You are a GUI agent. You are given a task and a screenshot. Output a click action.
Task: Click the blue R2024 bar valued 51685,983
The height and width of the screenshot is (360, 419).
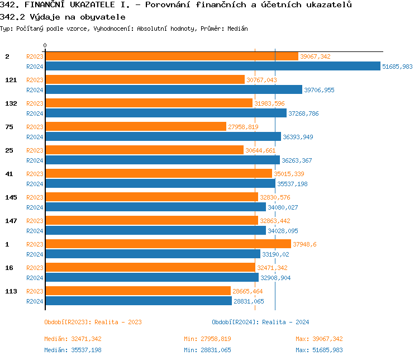pyautogui.click(x=212, y=66)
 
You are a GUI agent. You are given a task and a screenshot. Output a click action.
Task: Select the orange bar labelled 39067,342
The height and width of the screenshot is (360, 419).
pyautogui.click(x=172, y=56)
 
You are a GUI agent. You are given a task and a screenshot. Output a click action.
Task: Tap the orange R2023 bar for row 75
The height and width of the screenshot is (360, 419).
pyautogui.click(x=135, y=127)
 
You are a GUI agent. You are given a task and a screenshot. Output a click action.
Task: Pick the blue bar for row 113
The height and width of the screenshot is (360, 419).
pyautogui.click(x=138, y=301)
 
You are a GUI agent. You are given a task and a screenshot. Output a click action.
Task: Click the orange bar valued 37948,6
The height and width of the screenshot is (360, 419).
pyautogui.click(x=168, y=244)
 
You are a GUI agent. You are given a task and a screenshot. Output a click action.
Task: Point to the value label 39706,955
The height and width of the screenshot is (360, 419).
pyautogui.click(x=319, y=90)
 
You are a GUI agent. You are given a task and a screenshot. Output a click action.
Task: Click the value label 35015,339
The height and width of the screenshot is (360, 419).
pyautogui.click(x=289, y=174)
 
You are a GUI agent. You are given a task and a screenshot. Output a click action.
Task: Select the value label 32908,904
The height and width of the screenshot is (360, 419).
pyautogui.click(x=275, y=278)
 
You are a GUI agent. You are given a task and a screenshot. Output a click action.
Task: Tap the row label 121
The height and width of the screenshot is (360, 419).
pyautogui.click(x=11, y=80)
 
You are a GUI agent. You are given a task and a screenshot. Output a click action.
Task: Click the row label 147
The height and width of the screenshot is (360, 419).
pyautogui.click(x=11, y=221)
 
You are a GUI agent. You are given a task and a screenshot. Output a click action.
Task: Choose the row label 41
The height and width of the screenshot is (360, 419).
pyautogui.click(x=9, y=174)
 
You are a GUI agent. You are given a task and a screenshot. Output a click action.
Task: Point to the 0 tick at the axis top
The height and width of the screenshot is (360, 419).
pyautogui.click(x=45, y=45)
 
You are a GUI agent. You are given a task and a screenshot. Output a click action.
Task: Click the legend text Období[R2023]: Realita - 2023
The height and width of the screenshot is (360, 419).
pyautogui.click(x=93, y=322)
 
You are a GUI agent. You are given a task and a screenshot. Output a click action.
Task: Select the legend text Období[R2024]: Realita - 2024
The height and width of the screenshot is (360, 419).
pyautogui.click(x=260, y=322)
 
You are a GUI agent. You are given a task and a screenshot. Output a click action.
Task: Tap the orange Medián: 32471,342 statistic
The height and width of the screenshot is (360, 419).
pyautogui.click(x=73, y=339)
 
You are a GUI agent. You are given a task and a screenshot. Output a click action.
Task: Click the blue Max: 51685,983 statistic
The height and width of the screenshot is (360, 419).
pyautogui.click(x=319, y=350)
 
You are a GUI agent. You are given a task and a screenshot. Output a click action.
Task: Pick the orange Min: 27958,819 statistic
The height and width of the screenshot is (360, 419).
pyautogui.click(x=207, y=339)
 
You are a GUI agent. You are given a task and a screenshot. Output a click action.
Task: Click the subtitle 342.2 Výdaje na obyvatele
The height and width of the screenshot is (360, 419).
pyautogui.click(x=63, y=17)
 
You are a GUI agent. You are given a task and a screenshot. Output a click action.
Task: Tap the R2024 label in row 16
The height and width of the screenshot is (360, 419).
pyautogui.click(x=35, y=278)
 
